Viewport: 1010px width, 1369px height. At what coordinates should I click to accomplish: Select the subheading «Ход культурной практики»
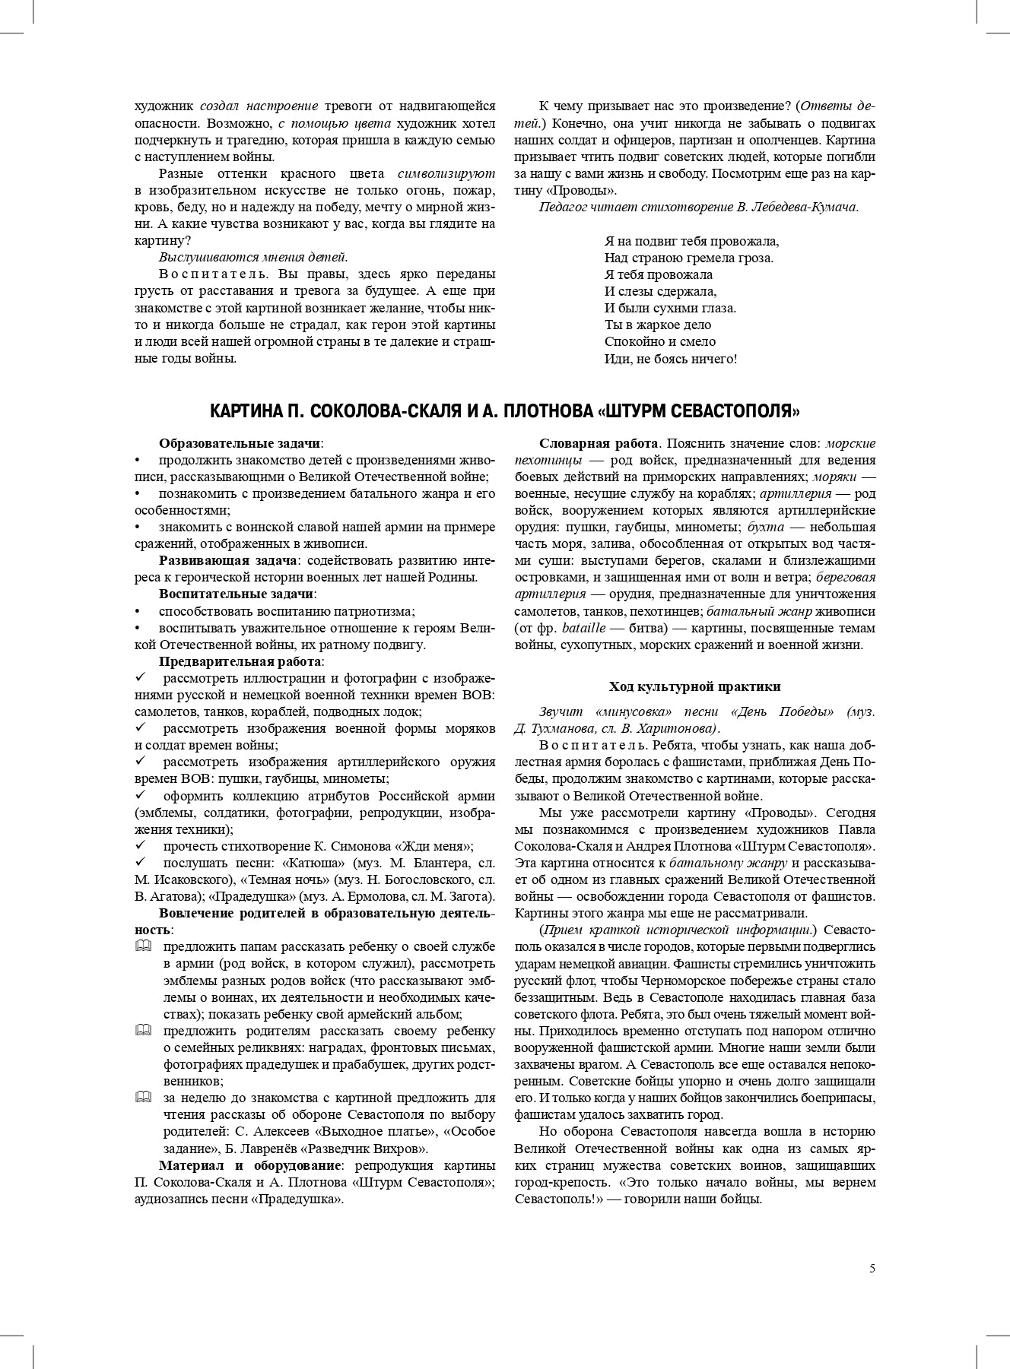point(694,686)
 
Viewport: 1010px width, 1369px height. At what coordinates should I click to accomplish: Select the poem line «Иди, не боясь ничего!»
point(670,359)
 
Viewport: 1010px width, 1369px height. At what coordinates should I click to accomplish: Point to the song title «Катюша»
point(313,864)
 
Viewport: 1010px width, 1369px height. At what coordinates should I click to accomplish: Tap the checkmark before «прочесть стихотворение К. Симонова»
point(139,846)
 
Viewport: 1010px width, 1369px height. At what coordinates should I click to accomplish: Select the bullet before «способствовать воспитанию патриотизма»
point(138,611)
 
